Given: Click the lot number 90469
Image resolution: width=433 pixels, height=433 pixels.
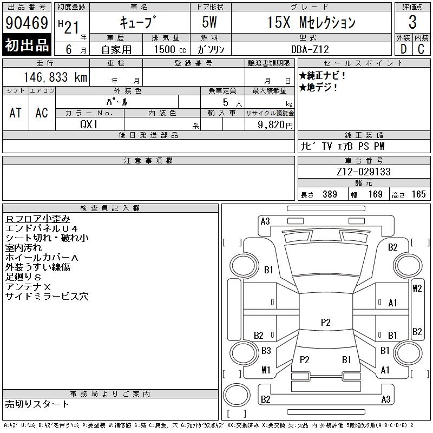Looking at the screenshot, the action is tap(27, 23).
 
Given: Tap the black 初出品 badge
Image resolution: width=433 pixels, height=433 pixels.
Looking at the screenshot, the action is tap(27, 45).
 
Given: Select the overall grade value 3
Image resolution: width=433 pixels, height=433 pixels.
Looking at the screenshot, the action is tap(412, 22).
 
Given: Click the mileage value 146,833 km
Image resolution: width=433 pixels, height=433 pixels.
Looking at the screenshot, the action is tap(55, 77).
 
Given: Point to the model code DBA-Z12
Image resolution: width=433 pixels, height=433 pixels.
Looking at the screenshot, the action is tap(310, 49).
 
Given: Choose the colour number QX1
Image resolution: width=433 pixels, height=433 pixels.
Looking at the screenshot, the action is tap(89, 124).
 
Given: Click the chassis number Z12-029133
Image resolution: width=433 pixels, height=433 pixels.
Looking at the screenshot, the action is tap(364, 172).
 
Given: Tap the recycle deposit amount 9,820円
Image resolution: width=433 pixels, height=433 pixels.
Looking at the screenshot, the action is tap(275, 124).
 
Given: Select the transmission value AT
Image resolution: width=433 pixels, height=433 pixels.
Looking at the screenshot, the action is tap(15, 113).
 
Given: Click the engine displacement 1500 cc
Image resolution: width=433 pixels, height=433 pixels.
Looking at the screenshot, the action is tap(170, 49).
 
